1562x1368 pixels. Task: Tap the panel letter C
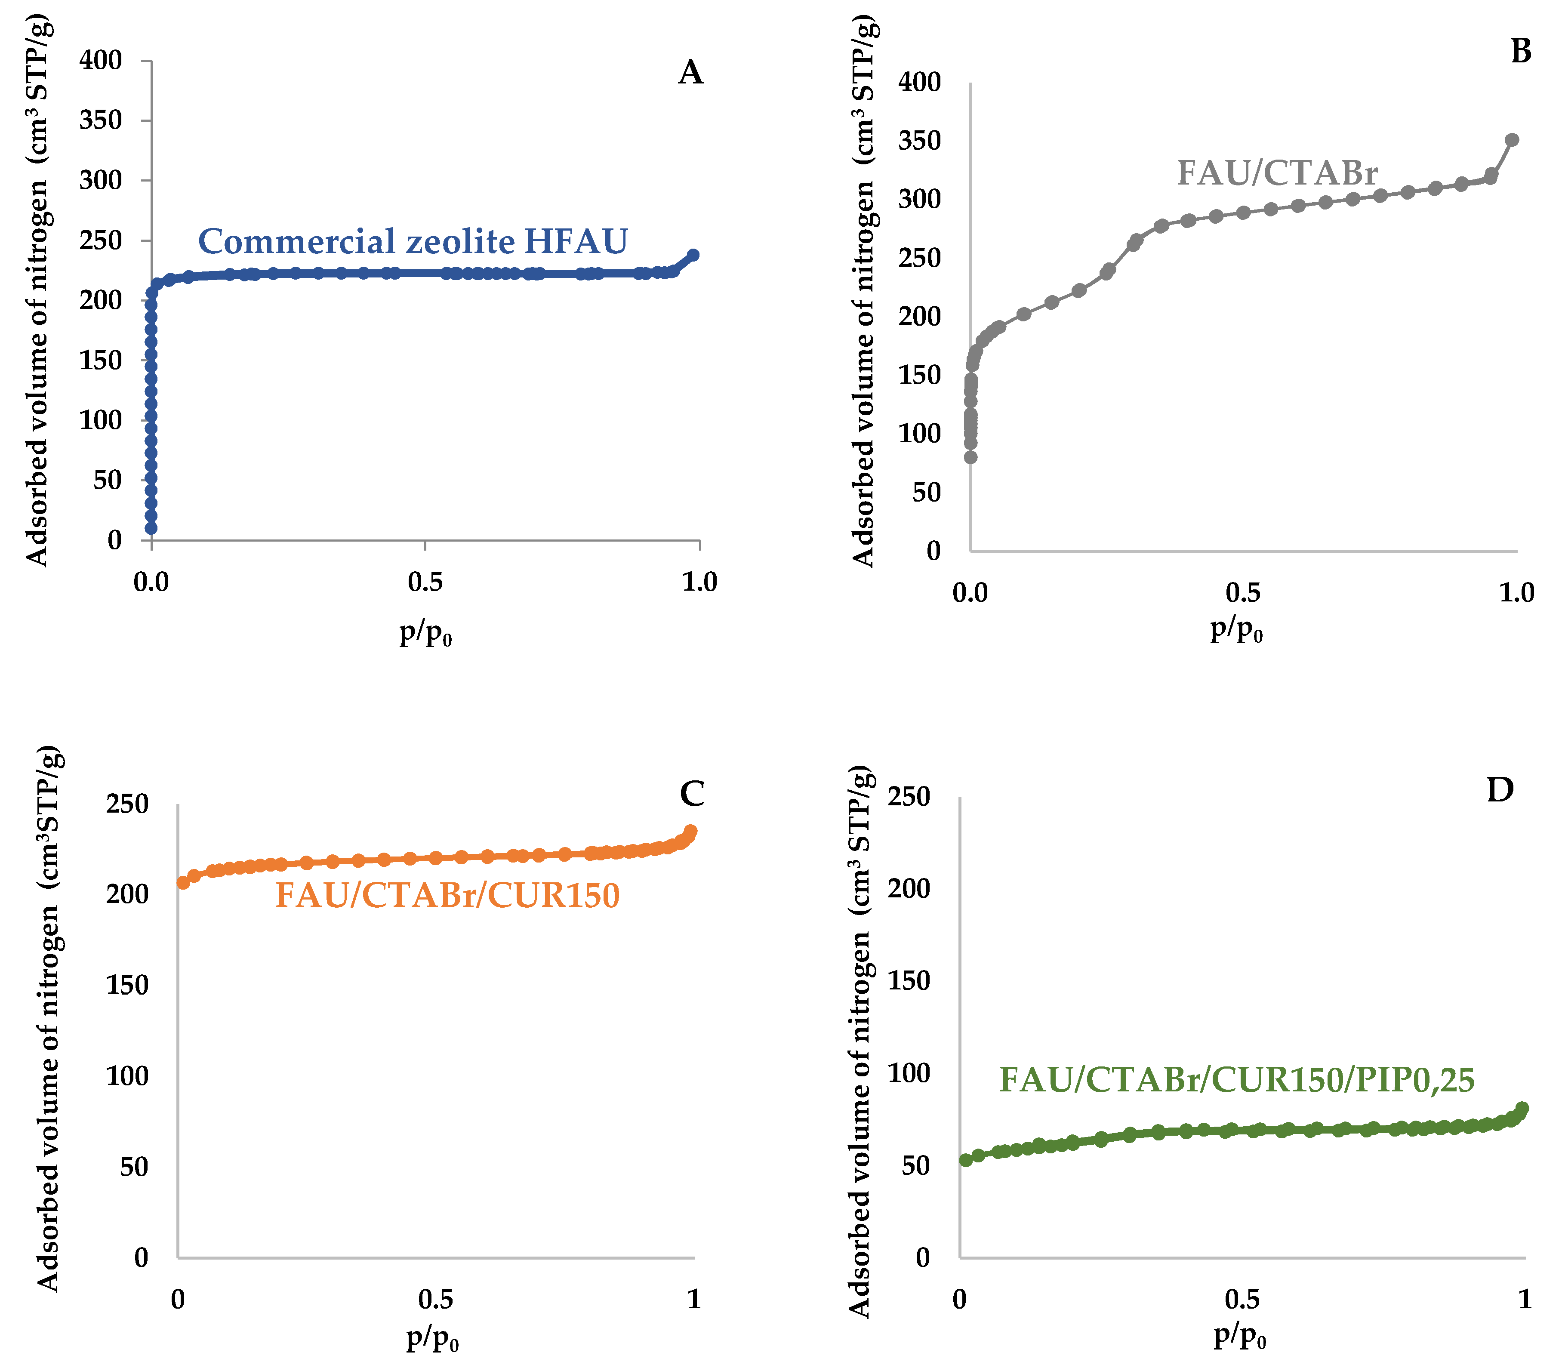pyautogui.click(x=692, y=794)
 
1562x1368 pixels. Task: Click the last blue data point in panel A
pyautogui.click(x=693, y=255)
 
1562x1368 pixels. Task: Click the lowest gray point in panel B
pyautogui.click(x=970, y=457)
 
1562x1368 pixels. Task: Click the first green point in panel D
pyautogui.click(x=966, y=1160)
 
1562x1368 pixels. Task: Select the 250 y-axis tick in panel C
pyautogui.click(x=127, y=804)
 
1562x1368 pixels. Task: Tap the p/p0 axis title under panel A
pyautogui.click(x=425, y=633)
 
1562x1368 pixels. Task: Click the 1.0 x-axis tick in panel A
pyautogui.click(x=699, y=582)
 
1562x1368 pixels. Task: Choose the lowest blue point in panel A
pyautogui.click(x=151, y=527)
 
